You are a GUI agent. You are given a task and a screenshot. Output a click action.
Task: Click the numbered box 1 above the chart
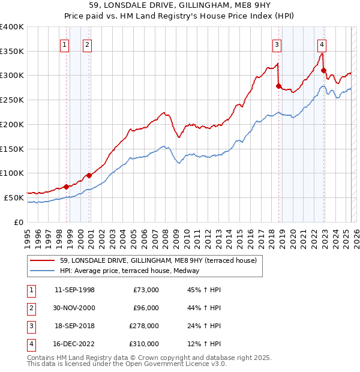pyautogui.click(x=64, y=44)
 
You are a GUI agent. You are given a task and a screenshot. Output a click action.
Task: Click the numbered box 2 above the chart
pyautogui.click(x=87, y=44)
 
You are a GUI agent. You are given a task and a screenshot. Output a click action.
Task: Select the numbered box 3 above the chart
pyautogui.click(x=277, y=44)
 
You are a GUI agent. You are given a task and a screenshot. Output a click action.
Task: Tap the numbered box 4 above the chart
pyautogui.click(x=322, y=44)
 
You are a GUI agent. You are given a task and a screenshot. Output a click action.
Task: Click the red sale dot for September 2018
pyautogui.click(x=278, y=86)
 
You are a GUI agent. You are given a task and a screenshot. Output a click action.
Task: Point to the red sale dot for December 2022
pyautogui.click(x=324, y=71)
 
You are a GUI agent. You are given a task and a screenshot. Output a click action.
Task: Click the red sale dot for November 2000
pyautogui.click(x=89, y=175)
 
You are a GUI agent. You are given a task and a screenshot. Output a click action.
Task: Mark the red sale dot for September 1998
pyautogui.click(x=66, y=187)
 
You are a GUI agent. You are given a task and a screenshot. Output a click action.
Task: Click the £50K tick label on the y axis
pyautogui.click(x=14, y=197)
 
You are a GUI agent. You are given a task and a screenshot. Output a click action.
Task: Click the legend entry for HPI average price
pyautogui.click(x=130, y=271)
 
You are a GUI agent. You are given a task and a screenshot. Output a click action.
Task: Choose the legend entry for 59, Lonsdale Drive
pyautogui.click(x=158, y=260)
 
